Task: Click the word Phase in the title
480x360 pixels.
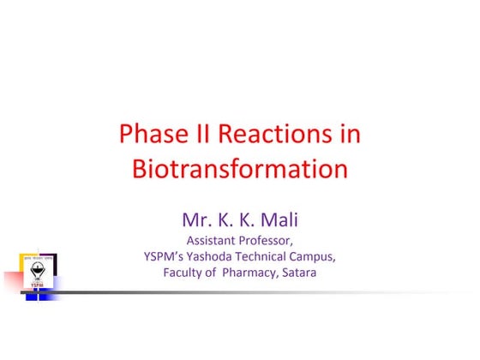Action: coord(149,135)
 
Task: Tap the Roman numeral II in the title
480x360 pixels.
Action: coord(201,135)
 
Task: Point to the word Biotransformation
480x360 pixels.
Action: coord(240,168)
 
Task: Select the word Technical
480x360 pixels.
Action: coord(269,256)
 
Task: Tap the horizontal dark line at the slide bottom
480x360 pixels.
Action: coord(257,291)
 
